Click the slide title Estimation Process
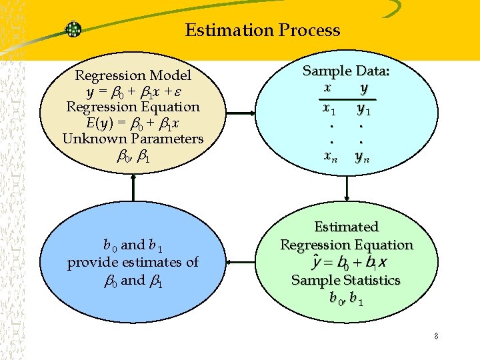pos(263,31)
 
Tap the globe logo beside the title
pos(73,29)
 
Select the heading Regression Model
pos(133,75)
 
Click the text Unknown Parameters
pos(133,139)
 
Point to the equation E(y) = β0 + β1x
pos(133,123)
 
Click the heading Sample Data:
pos(346,71)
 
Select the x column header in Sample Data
pos(327,87)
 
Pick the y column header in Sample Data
pos(364,87)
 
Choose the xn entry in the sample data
pos(329,157)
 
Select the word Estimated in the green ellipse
pos(346,227)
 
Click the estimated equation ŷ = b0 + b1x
pos(346,263)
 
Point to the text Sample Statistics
pos(346,280)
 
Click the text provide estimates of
pos(133,262)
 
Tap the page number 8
pos(435,336)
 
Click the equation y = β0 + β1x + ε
pos(133,91)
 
